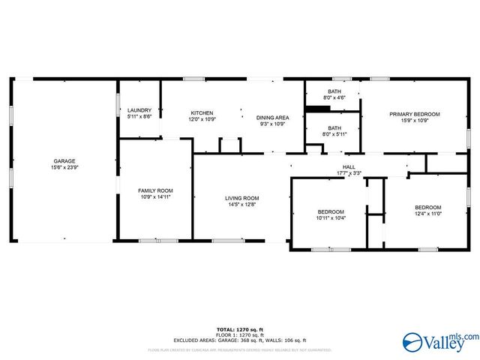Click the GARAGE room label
pos(64,160)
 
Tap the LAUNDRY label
pos(139,110)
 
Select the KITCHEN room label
pos(202,113)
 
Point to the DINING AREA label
pos(273,118)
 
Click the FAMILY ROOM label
pos(155,190)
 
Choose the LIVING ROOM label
pos(242,198)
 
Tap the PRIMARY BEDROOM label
pos(414,114)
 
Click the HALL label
pos(349,166)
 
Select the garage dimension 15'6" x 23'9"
pos(64,167)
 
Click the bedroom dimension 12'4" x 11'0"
pos(428,214)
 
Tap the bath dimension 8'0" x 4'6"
pos(334,97)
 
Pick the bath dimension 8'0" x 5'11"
pos(334,134)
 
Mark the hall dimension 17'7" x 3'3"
pos(349,172)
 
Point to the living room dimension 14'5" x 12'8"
pos(242,204)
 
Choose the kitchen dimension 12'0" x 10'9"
pos(202,119)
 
